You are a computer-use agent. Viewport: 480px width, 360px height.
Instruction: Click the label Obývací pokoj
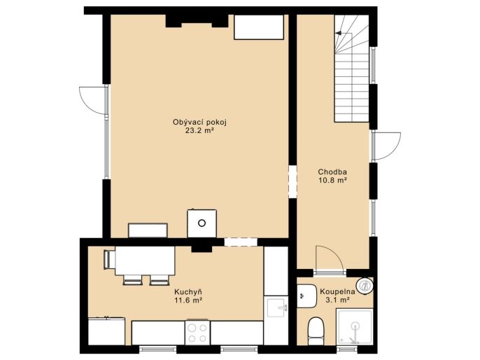click(199, 123)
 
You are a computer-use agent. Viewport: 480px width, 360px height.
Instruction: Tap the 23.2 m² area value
click(199, 131)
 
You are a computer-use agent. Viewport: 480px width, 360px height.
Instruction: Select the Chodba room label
click(332, 172)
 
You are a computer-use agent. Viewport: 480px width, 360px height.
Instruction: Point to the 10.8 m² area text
click(332, 180)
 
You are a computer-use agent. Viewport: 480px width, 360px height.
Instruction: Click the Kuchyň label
click(188, 291)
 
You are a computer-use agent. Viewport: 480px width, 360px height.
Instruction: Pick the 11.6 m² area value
click(188, 300)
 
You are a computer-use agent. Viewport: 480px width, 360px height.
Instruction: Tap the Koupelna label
click(337, 291)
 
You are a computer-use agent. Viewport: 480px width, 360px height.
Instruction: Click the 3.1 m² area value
click(338, 300)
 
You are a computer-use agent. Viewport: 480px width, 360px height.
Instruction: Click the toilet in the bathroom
click(316, 331)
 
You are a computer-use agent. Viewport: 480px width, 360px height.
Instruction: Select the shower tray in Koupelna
click(355, 326)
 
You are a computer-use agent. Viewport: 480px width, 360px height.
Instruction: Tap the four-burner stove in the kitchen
click(197, 333)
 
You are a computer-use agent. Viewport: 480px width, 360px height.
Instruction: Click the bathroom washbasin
click(306, 296)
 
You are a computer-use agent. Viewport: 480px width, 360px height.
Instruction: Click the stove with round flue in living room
click(202, 223)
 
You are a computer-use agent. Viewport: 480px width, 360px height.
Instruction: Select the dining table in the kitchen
click(145, 261)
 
